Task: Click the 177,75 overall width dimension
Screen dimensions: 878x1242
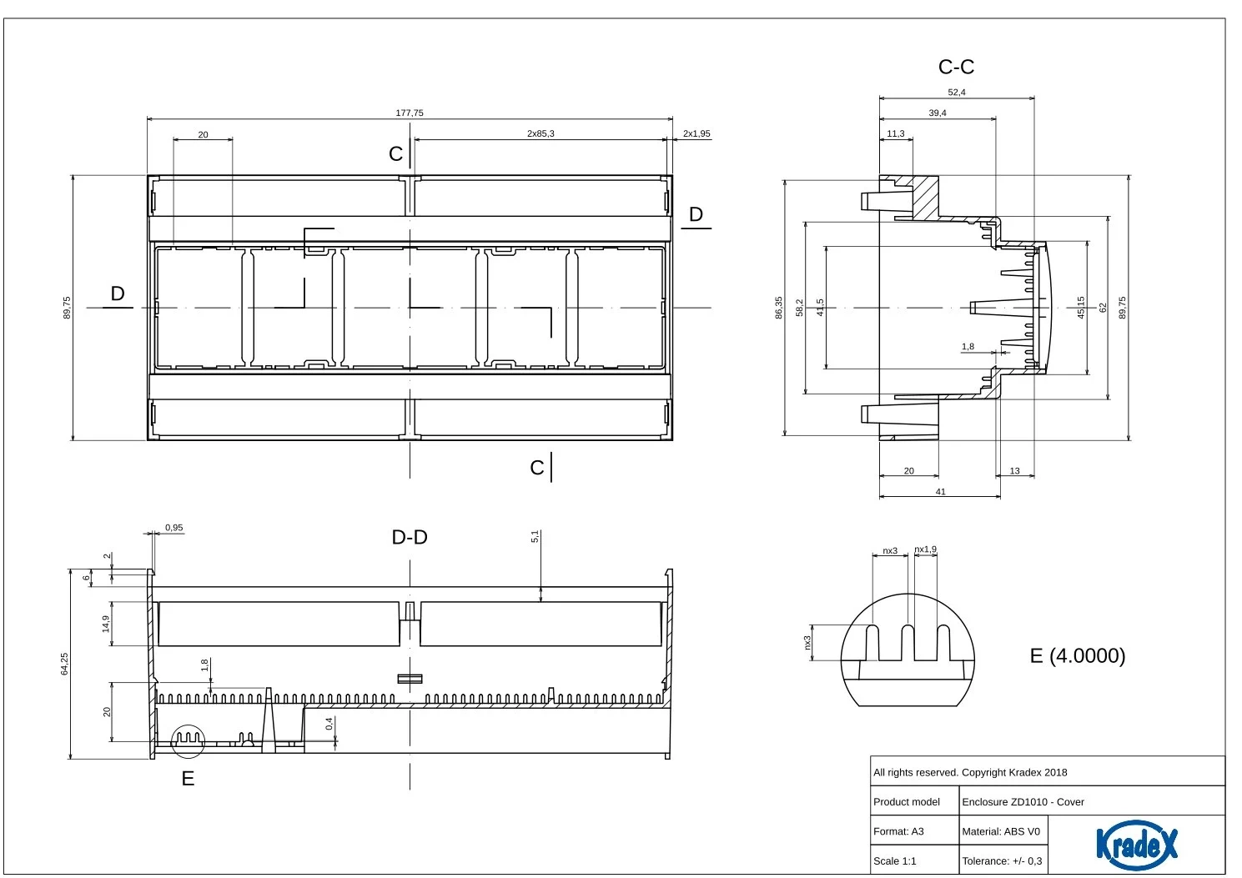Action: click(x=409, y=113)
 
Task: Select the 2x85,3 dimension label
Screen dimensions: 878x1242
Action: click(x=541, y=133)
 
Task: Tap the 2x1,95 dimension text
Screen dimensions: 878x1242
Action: click(x=696, y=133)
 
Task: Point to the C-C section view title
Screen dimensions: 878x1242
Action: click(x=956, y=67)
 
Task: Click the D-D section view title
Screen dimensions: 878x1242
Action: click(x=410, y=537)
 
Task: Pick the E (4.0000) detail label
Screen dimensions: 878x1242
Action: click(x=1078, y=655)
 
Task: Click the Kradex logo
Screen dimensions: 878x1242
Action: click(x=1136, y=845)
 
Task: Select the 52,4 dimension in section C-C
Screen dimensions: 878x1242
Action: click(x=957, y=93)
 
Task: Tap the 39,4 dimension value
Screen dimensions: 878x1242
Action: click(x=938, y=113)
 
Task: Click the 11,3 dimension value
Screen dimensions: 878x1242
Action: click(x=896, y=133)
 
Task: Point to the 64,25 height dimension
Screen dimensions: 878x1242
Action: click(x=65, y=664)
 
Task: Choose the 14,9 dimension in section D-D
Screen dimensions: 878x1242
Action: click(x=106, y=624)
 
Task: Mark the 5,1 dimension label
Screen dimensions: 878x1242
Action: click(x=535, y=537)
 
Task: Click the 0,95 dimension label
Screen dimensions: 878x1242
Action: click(x=173, y=528)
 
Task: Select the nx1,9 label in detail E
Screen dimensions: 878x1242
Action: click(x=926, y=549)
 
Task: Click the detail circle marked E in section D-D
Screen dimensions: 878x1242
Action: click(x=188, y=740)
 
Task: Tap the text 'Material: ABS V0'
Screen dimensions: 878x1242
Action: click(x=1001, y=831)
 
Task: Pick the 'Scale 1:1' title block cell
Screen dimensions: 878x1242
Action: click(x=894, y=861)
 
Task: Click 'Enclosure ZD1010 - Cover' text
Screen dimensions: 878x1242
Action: click(x=1023, y=802)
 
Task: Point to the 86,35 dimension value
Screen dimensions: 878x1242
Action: click(x=778, y=307)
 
